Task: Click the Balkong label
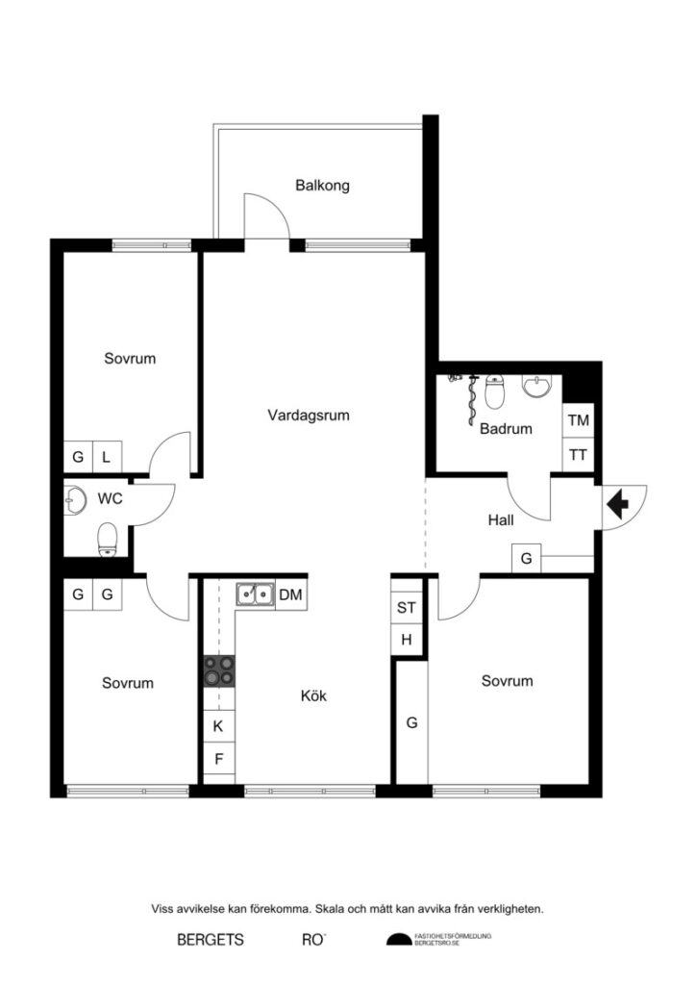click(x=322, y=185)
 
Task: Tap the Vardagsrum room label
click(x=308, y=417)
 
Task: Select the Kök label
click(x=313, y=695)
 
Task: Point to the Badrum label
click(x=506, y=429)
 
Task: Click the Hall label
click(x=500, y=519)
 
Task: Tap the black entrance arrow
click(x=616, y=501)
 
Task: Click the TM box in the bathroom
click(x=578, y=420)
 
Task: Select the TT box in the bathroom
click(x=578, y=454)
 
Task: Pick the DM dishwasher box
click(x=291, y=595)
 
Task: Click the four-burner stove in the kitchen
click(x=218, y=669)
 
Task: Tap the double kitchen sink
click(x=255, y=595)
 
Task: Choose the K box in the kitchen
click(x=218, y=725)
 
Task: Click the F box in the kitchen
click(x=218, y=759)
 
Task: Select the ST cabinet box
click(x=406, y=608)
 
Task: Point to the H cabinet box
click(x=406, y=640)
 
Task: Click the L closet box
click(x=106, y=458)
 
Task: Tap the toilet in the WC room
click(x=107, y=539)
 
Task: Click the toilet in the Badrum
click(x=496, y=392)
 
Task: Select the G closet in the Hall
click(x=526, y=558)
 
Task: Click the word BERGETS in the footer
click(x=211, y=939)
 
